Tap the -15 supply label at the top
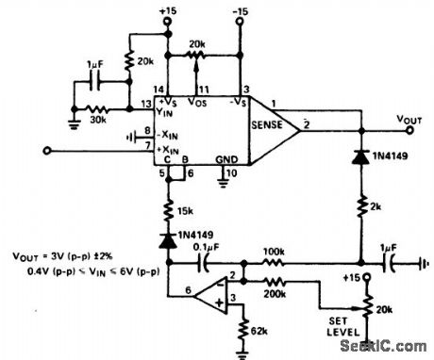(242, 11)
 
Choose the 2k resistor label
(377, 206)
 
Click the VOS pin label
(197, 97)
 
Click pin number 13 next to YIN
(147, 105)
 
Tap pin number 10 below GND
(229, 173)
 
